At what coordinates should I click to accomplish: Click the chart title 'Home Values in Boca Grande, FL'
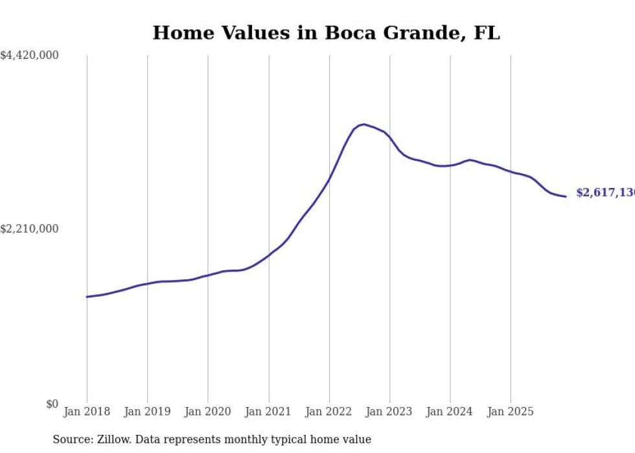[326, 33]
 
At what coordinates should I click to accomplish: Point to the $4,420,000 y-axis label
[29, 56]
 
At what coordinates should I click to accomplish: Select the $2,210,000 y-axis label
[29, 229]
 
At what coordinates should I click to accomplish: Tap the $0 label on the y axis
[52, 404]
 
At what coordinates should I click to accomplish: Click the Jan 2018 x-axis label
[87, 412]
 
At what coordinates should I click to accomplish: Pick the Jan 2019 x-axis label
[147, 412]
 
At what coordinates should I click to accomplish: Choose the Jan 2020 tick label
[207, 412]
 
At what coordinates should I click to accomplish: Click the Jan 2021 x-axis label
[268, 412]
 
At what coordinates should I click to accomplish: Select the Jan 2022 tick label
[329, 412]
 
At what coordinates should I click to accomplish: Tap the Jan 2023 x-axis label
[389, 412]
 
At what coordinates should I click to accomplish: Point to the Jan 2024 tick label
[450, 412]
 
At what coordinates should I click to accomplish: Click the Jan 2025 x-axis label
[511, 412]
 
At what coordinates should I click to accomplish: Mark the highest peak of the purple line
[364, 124]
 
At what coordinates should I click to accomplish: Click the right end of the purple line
[566, 196]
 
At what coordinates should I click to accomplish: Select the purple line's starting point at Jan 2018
[87, 297]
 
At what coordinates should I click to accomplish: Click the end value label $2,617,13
[605, 193]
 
